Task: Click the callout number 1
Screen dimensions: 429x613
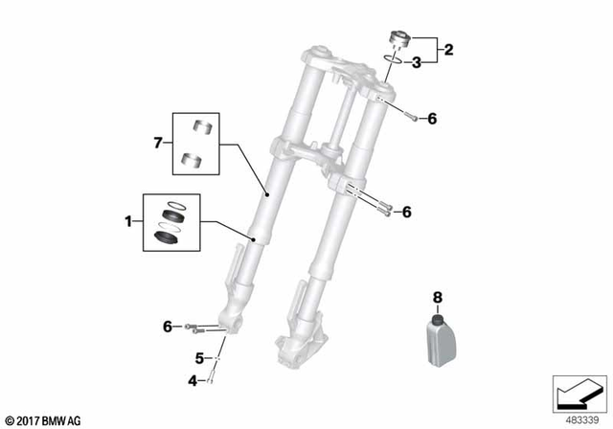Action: (x=127, y=222)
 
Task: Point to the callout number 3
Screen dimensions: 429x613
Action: (x=418, y=63)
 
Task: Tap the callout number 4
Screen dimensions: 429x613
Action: (x=192, y=380)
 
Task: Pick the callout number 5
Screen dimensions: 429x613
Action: (x=200, y=358)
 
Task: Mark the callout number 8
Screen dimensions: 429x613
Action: (x=437, y=297)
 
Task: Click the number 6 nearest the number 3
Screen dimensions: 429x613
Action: (x=432, y=119)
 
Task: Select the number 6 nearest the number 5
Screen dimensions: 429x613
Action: (x=168, y=327)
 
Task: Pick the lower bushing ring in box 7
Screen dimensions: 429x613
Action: (x=189, y=159)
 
